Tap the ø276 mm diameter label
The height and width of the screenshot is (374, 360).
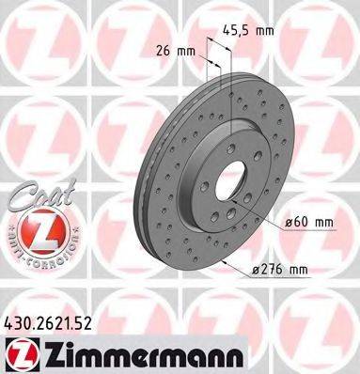[285, 270]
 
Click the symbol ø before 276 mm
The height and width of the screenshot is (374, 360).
[258, 270]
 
